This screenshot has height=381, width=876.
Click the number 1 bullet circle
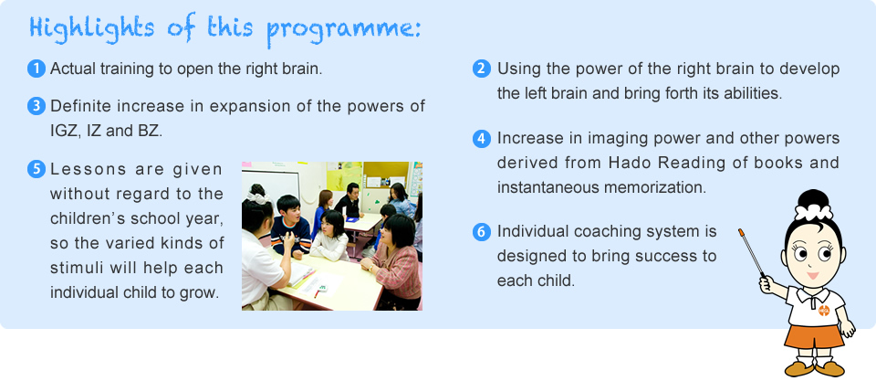click(36, 69)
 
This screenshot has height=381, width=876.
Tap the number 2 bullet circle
click(482, 69)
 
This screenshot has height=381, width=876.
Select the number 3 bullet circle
click(36, 106)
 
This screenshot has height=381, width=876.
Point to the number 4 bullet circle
click(482, 138)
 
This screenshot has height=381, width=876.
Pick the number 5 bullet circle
click(36, 170)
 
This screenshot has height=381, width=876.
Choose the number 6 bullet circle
click(482, 232)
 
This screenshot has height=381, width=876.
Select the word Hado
click(627, 163)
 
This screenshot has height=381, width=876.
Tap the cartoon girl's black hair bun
click(813, 198)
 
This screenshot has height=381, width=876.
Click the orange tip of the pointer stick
click(741, 232)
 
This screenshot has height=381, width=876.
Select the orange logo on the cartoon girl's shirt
click(823, 310)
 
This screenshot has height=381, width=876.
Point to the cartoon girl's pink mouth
click(813, 276)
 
